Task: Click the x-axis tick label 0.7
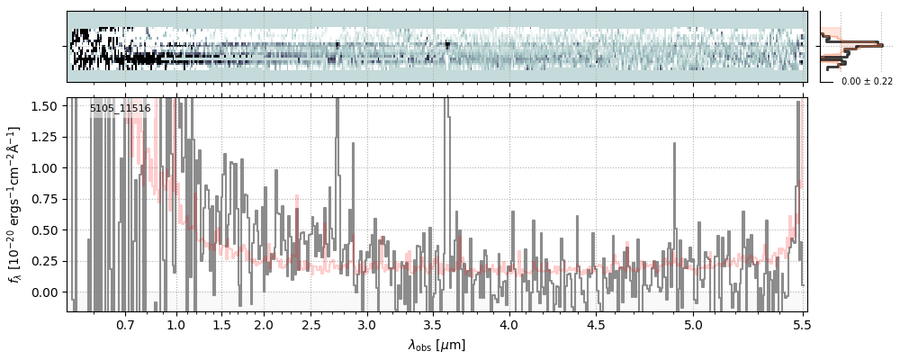click(x=125, y=324)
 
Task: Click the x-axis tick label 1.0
click(x=175, y=324)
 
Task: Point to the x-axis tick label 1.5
click(x=220, y=324)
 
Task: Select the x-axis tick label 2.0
click(x=263, y=324)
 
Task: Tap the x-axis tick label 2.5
click(x=311, y=324)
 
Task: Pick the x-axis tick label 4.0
click(x=509, y=324)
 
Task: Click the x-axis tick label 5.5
click(x=797, y=324)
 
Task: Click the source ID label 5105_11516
click(x=120, y=109)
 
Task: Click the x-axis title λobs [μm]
click(x=436, y=344)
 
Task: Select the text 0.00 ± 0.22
click(x=867, y=81)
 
